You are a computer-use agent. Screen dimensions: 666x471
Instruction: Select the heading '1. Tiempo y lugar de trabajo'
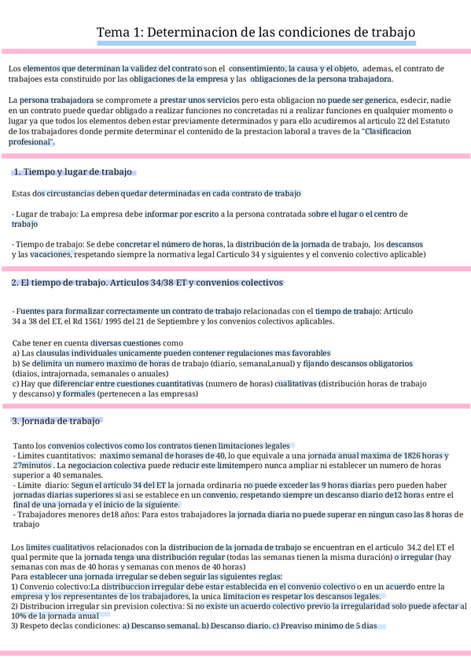[x=73, y=172]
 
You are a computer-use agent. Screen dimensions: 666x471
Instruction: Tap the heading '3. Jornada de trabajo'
[x=56, y=421]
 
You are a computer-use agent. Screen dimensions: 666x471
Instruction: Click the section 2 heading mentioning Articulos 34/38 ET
[x=147, y=283]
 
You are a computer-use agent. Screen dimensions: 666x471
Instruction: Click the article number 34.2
[x=417, y=547]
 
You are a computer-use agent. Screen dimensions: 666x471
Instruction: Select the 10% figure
[x=20, y=616]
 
